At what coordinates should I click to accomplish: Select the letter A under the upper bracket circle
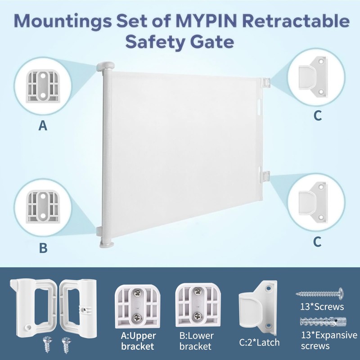pos(43,126)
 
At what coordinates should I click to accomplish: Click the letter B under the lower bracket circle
pos(43,248)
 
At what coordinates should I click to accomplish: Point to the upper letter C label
pos(318,116)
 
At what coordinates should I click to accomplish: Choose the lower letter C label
pos(317,242)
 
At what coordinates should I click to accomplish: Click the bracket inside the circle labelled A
pos(43,86)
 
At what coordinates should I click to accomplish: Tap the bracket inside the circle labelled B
pos(43,206)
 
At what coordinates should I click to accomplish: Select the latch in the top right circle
pos(312,76)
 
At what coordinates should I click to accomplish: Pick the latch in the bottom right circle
pos(312,202)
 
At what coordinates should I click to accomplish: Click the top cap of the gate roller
pos(105,66)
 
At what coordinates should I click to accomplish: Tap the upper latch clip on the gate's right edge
pos(266,83)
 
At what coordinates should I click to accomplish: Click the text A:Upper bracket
pos(138,341)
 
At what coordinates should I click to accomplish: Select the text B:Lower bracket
pos(197,341)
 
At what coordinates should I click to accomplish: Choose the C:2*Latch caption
pos(260,342)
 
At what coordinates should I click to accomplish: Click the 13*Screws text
pos(322,307)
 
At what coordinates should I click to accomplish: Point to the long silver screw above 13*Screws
pos(319,293)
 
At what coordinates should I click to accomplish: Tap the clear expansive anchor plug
pos(323,322)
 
